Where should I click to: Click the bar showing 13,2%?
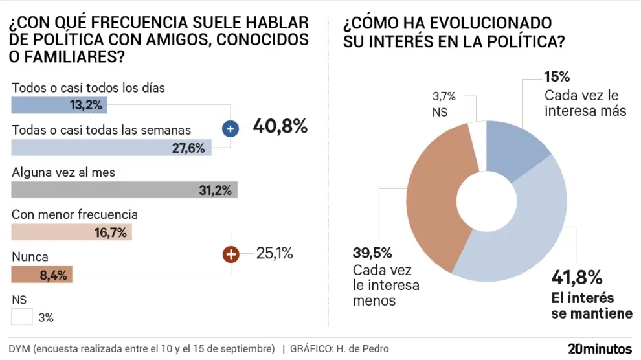(x=59, y=105)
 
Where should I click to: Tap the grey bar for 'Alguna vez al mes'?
(x=124, y=190)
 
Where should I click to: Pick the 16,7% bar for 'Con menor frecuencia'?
(x=71, y=232)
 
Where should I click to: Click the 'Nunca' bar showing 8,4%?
(x=42, y=275)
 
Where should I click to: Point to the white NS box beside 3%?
(x=22, y=317)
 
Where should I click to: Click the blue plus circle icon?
(x=231, y=129)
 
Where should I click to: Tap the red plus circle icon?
(x=231, y=254)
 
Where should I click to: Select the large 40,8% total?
(x=279, y=126)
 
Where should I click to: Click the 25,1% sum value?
(x=275, y=253)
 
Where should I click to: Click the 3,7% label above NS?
(x=444, y=97)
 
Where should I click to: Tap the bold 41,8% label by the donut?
(x=577, y=278)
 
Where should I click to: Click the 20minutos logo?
(x=600, y=348)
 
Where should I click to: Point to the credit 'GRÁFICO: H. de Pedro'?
(x=339, y=349)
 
